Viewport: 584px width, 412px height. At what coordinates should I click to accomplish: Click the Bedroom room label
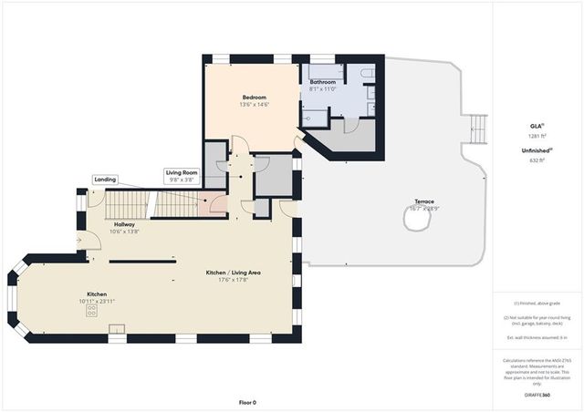[254, 98]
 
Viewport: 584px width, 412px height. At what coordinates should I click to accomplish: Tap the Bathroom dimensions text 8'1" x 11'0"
[323, 89]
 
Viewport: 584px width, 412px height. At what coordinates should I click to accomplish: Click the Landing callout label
[105, 180]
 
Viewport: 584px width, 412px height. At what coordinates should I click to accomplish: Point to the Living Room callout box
[181, 176]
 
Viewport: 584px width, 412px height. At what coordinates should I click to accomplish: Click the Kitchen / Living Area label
[230, 273]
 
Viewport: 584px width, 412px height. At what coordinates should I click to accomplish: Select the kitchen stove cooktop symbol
[92, 311]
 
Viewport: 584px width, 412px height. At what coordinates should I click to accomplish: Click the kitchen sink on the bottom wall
[117, 329]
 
